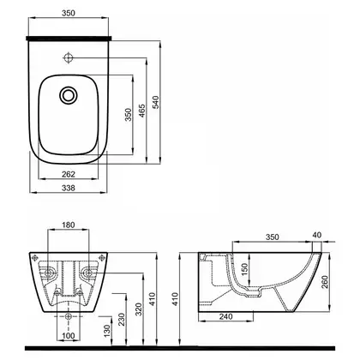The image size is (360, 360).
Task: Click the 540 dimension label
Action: (x=155, y=102)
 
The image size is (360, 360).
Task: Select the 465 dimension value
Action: (x=142, y=111)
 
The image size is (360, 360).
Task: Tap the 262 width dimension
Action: (x=69, y=174)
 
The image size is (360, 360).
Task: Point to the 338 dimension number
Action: (x=69, y=188)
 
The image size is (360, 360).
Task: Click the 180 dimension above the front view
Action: (x=69, y=225)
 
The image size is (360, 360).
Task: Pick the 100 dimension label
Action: (x=69, y=336)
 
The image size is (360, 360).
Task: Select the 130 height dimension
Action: (x=107, y=330)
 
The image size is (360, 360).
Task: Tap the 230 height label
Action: (x=122, y=320)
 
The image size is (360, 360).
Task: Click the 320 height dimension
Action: (x=139, y=309)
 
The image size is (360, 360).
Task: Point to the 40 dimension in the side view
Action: (x=317, y=235)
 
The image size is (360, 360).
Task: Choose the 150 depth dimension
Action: (x=244, y=270)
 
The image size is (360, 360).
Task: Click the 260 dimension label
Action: (x=325, y=282)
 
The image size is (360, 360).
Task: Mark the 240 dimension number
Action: (x=226, y=316)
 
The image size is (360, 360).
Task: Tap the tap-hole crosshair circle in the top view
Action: (x=68, y=57)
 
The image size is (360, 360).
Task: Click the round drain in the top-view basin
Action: (x=68, y=95)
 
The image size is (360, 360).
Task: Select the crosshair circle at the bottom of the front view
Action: (x=68, y=316)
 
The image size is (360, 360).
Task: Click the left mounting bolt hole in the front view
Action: (x=48, y=273)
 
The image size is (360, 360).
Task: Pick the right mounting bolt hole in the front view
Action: (x=87, y=273)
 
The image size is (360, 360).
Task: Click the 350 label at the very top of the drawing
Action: (x=69, y=13)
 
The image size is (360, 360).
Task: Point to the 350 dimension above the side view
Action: (x=273, y=237)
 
